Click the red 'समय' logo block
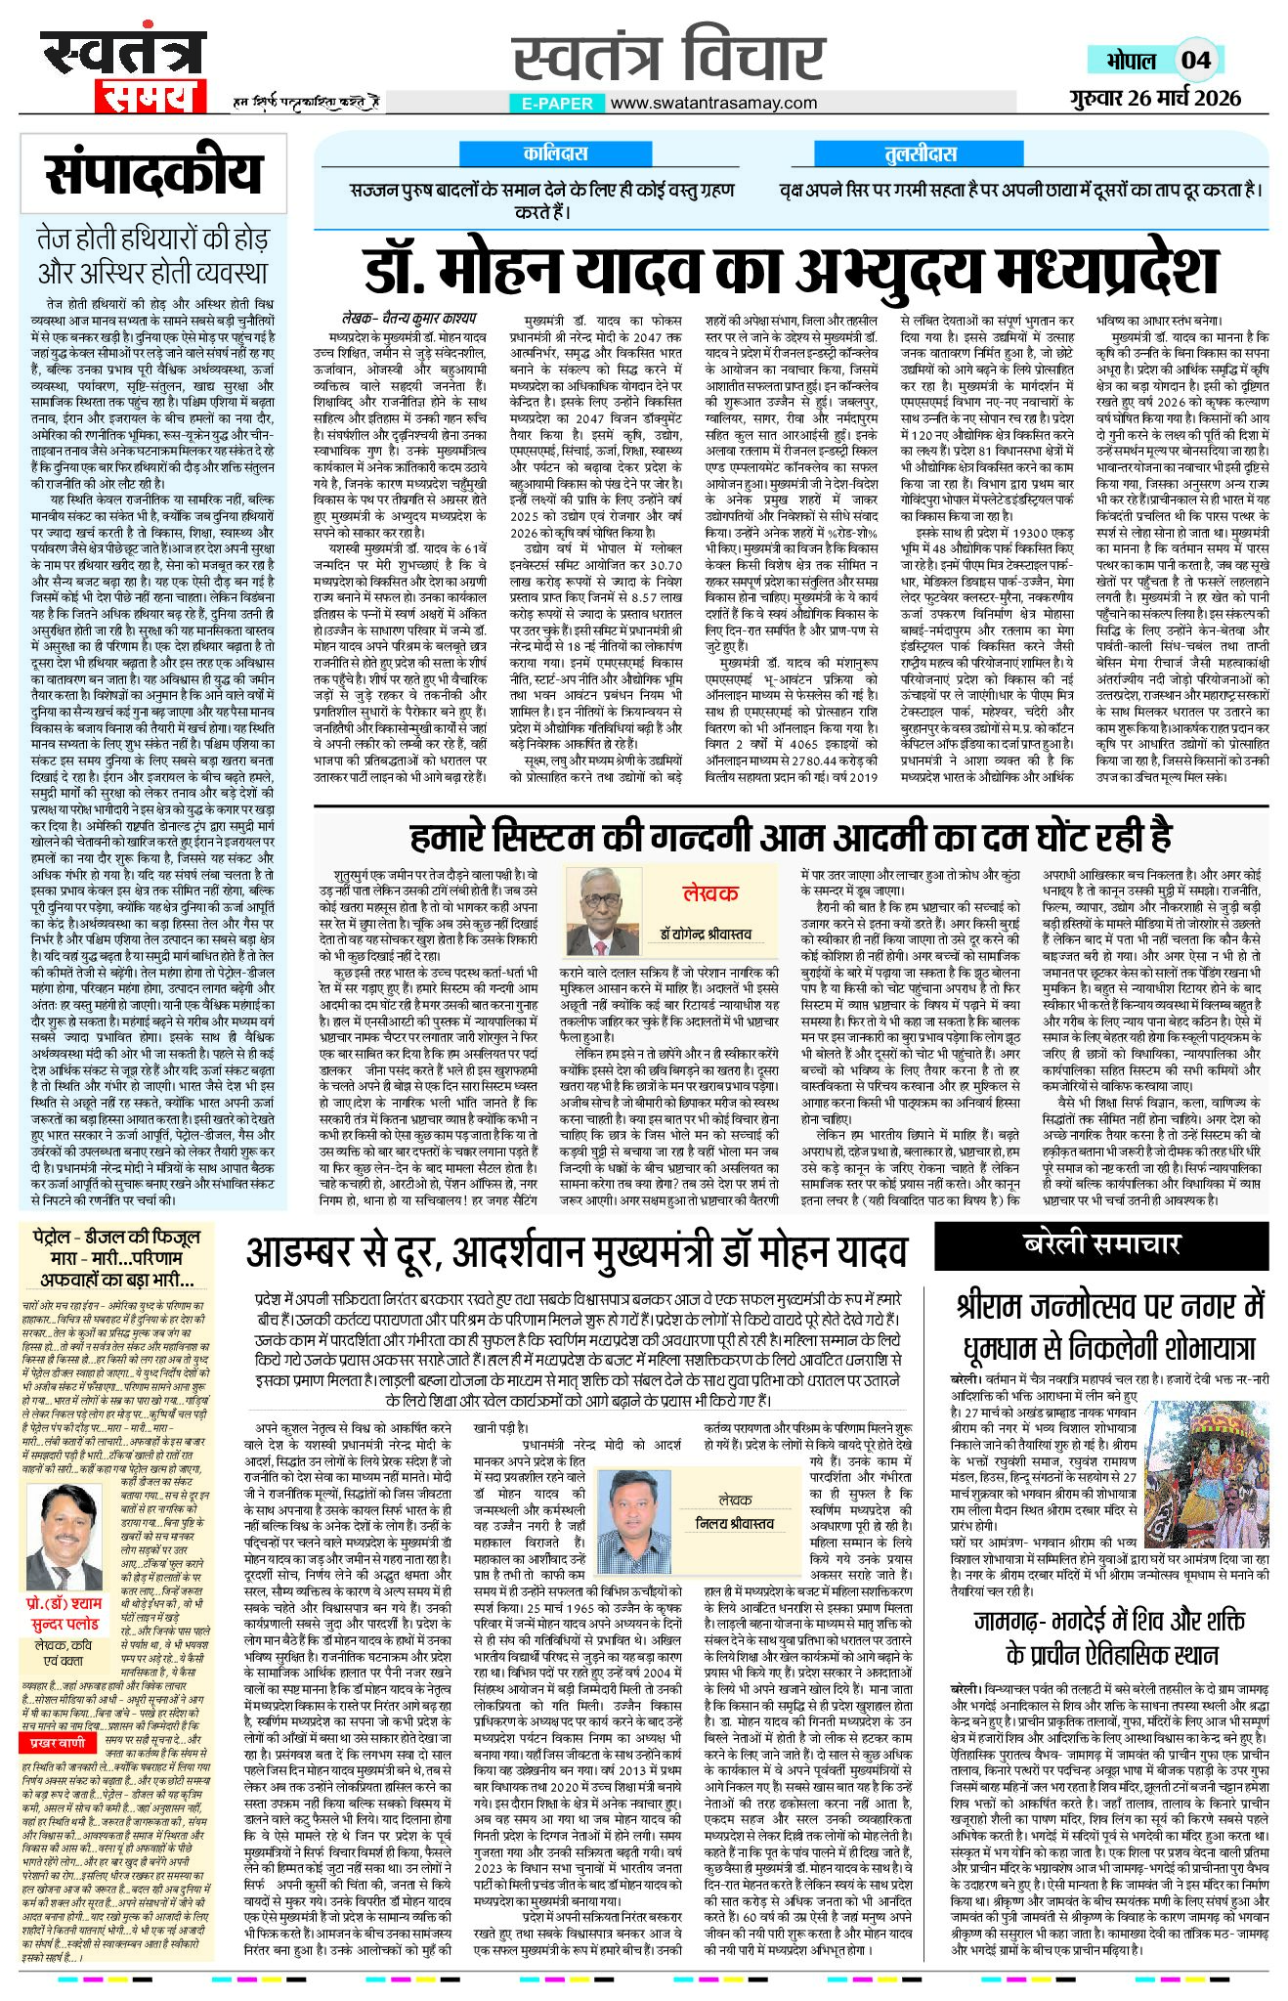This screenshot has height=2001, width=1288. coord(149,95)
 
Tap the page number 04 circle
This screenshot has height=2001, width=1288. coord(1195,61)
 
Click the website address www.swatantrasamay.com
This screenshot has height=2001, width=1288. coord(713,103)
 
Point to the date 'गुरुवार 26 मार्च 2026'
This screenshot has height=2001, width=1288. coord(1153,98)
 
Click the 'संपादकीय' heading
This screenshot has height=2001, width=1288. coord(153,176)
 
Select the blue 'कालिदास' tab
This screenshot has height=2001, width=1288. coord(555,153)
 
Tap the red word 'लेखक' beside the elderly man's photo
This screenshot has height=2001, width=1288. coord(710,892)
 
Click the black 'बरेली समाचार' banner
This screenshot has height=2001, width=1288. coord(1101,1243)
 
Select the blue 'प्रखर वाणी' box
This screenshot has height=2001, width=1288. coord(58,1742)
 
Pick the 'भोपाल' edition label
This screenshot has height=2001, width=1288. coord(1131,61)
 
